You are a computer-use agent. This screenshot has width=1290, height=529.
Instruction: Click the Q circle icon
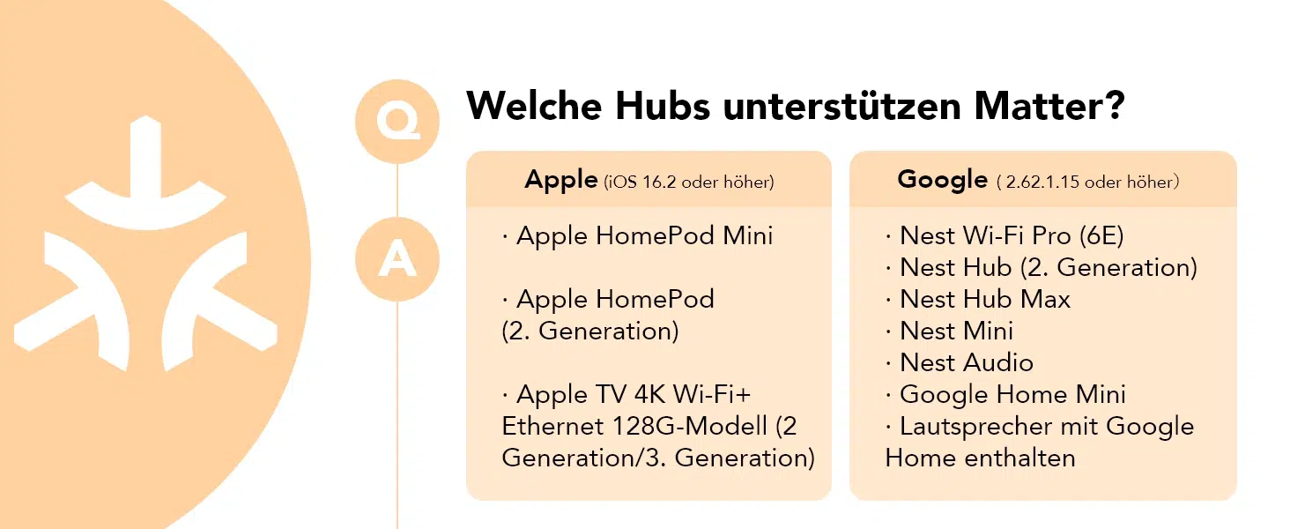[397, 121]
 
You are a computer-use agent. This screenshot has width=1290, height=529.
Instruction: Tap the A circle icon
[397, 258]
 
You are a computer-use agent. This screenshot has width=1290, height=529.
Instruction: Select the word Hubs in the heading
[663, 106]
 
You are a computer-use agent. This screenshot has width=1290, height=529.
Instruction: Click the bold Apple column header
[561, 181]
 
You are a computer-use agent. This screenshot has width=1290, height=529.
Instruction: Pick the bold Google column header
[942, 180]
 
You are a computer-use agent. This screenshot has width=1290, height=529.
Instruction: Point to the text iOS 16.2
[642, 183]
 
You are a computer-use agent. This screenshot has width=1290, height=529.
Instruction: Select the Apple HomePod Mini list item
[638, 235]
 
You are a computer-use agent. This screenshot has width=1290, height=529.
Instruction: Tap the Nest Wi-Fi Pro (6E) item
[1005, 235]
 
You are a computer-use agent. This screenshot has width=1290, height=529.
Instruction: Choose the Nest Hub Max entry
[978, 299]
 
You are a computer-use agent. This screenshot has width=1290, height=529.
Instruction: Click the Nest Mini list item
[950, 331]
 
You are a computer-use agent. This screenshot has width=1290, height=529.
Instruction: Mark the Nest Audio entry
[960, 362]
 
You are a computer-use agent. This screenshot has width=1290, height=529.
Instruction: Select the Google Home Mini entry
[1005, 394]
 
